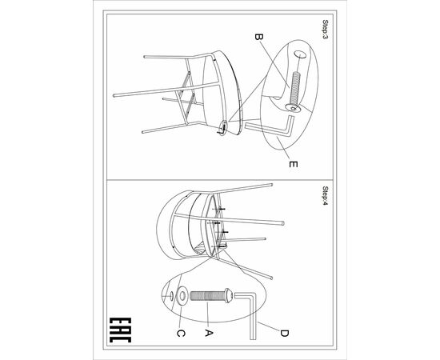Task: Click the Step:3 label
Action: [x=326, y=29]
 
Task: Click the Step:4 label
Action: [x=326, y=195]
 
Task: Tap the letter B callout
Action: [x=258, y=37]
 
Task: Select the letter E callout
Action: [x=293, y=164]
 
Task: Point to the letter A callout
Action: [x=208, y=333]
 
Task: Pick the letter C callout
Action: [x=181, y=334]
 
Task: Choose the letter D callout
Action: [x=284, y=334]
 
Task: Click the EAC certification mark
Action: [x=120, y=330]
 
